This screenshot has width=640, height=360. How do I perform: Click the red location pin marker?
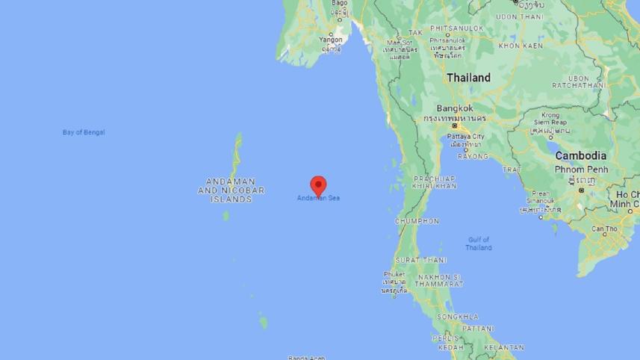click(319, 184)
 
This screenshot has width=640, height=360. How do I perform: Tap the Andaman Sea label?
click(318, 198)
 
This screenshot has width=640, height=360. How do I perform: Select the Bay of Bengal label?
click(84, 132)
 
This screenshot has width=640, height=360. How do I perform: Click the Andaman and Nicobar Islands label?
click(232, 190)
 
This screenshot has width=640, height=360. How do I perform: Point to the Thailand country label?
click(468, 78)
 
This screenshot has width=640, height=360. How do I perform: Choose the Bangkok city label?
click(455, 108)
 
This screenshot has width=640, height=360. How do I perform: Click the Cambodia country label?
click(580, 155)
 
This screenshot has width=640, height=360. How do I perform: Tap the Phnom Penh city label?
click(582, 170)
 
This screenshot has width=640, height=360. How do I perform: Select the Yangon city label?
click(330, 39)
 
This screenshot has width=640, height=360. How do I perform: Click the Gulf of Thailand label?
click(479, 243)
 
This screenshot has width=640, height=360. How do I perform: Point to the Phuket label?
click(394, 274)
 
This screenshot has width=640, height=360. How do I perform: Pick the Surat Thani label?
click(421, 260)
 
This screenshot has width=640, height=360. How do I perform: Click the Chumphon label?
click(417, 221)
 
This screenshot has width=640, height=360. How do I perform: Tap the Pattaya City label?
click(465, 137)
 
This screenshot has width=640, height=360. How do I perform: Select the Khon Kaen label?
click(521, 46)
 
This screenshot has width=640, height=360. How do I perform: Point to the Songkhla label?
click(459, 317)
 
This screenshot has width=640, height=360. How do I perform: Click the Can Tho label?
click(604, 229)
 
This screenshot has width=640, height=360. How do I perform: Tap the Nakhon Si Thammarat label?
click(441, 280)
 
